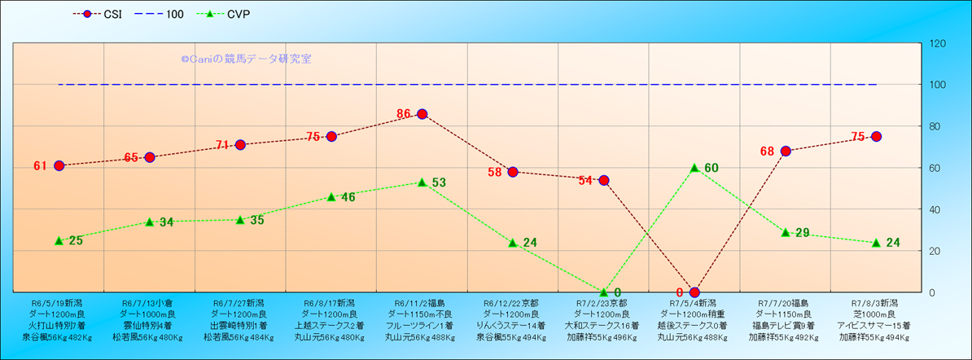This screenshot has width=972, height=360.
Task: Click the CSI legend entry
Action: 98,14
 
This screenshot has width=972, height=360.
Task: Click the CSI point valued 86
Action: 422,114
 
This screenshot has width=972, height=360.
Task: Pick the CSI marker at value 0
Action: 694,292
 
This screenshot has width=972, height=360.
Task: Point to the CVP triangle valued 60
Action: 694,168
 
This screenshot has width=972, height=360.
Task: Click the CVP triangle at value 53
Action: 422,182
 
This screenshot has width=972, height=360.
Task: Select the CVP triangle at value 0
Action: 603,292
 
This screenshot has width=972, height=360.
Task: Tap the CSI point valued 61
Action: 59,165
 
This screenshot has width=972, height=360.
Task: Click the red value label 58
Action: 495,173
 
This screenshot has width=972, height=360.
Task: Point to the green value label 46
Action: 348,197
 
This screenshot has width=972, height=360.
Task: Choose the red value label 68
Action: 767,151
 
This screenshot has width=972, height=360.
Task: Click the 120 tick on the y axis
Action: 937,43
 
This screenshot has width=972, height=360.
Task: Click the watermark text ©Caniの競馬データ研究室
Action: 245,59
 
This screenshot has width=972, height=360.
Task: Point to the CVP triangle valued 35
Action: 240,220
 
